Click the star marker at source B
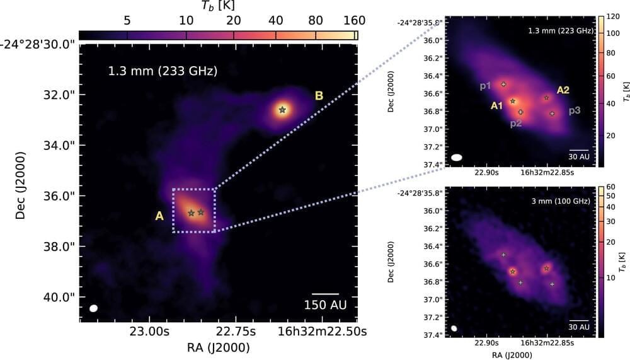[282, 110]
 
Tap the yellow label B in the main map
[319, 96]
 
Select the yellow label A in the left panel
[159, 216]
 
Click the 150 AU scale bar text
[325, 306]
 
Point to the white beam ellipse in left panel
[94, 308]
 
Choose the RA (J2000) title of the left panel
[219, 347]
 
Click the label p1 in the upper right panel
[485, 86]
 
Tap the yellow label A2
[563, 90]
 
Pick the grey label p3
[575, 111]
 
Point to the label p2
[516, 123]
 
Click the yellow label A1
[496, 106]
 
